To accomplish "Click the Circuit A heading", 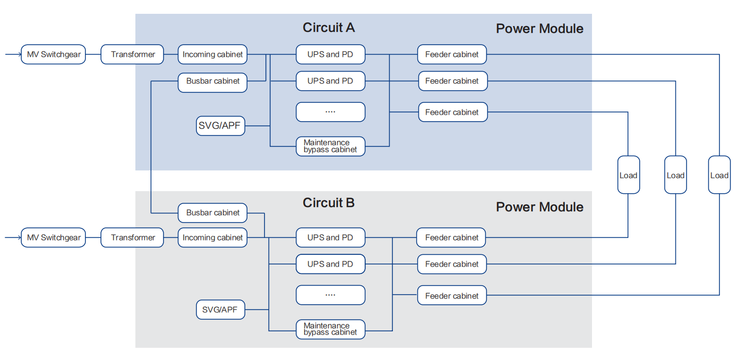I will point(328,28).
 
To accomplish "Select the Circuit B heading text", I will point(328,203).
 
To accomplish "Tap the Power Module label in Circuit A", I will point(539,29).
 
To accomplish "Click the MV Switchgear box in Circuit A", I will point(53,54).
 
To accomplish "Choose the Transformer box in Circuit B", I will point(132,237).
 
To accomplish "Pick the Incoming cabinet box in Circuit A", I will point(212,54).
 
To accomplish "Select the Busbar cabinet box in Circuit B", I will point(212,212).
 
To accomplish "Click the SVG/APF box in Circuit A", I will point(220,126).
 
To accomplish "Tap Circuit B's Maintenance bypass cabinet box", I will point(330,329).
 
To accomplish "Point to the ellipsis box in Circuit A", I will point(330,112).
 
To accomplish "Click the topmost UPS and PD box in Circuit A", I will point(330,54).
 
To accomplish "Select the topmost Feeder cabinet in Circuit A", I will point(452,54).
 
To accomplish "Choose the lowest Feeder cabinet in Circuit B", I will point(452,296).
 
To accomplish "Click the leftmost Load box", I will point(628,175).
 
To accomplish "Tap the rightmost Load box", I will point(719,175).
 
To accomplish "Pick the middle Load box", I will point(675,175).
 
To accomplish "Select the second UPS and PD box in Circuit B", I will point(330,264).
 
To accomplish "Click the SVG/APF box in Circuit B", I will point(220,310).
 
